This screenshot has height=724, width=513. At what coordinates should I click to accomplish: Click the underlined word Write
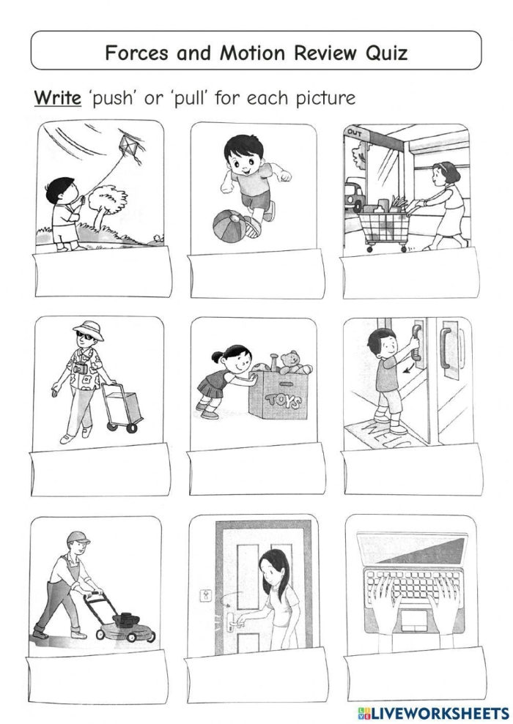click(x=57, y=98)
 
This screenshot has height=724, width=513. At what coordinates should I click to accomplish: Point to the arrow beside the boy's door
click(x=405, y=364)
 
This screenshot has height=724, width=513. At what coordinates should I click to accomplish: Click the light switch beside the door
click(x=206, y=595)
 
